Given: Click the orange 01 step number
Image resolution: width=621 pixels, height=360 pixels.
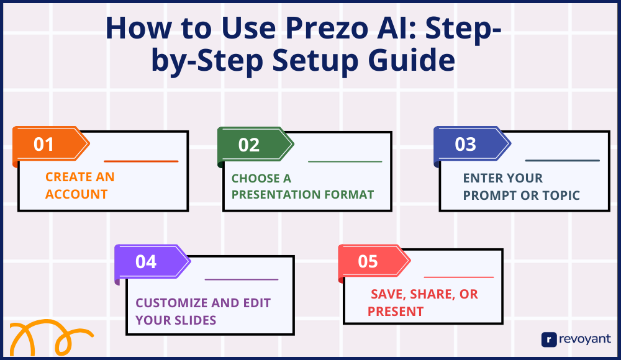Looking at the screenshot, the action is click(x=43, y=145).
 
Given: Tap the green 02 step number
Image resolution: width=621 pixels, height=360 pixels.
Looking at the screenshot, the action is click(x=249, y=145).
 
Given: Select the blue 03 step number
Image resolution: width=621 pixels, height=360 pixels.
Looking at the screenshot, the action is click(x=465, y=145).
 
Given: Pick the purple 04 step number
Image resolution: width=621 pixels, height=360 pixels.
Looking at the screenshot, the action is click(x=146, y=262).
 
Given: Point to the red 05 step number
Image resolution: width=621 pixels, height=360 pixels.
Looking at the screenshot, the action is click(x=368, y=262).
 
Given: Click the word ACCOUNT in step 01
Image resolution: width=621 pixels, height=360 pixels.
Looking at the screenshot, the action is click(x=76, y=194).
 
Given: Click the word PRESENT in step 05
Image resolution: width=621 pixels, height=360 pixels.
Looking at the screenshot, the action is click(x=396, y=312).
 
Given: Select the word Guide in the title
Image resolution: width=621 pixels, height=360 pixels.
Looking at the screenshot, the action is click(x=411, y=60).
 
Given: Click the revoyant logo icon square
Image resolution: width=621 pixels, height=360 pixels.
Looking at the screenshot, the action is click(x=549, y=340).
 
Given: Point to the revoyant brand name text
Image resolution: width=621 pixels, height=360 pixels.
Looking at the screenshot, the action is click(x=585, y=340).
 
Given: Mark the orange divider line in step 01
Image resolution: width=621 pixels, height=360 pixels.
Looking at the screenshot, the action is click(x=141, y=161).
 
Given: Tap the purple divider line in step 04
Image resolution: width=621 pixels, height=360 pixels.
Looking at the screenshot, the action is click(x=242, y=279).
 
